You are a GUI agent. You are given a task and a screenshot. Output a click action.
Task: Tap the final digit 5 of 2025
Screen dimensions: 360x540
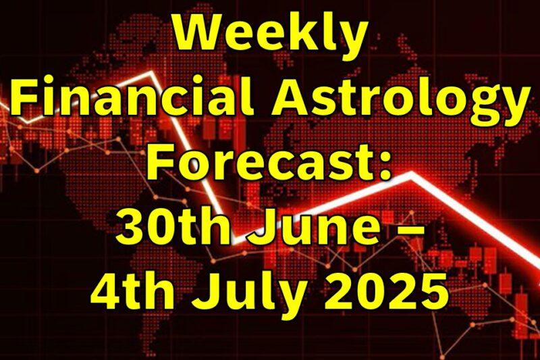click(x=433, y=292)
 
